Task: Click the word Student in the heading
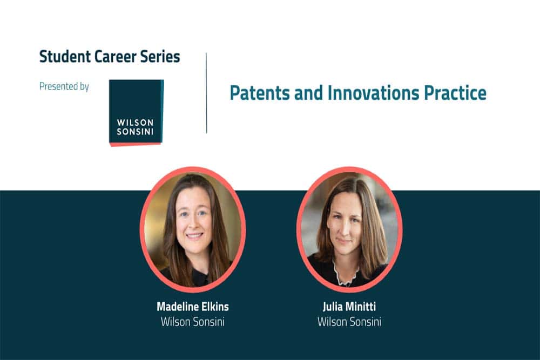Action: point(65,57)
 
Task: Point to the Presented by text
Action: point(64,86)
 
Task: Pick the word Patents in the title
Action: point(260,93)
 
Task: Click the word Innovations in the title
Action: point(373,93)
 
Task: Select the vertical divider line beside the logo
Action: point(206,93)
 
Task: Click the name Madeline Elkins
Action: point(193,307)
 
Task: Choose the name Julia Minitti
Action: point(349,307)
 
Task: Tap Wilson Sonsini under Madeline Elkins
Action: point(193,322)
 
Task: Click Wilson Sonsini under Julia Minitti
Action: point(349,322)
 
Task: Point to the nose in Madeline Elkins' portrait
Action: point(193,223)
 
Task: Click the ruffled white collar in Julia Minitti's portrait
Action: point(346,274)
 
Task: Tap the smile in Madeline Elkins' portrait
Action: point(194,236)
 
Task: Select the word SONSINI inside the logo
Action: point(135,132)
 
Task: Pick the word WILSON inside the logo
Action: point(135,123)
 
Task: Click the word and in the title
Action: point(308,93)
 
